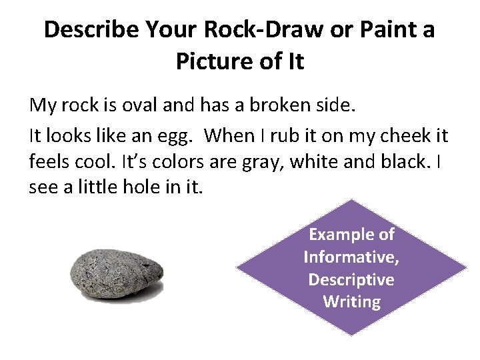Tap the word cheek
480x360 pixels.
(x=394, y=137)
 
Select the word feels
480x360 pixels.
(x=49, y=162)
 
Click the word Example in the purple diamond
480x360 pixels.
(x=351, y=234)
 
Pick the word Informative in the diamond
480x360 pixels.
(x=351, y=257)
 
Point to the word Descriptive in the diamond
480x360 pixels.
(x=351, y=279)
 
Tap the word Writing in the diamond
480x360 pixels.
(x=351, y=302)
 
